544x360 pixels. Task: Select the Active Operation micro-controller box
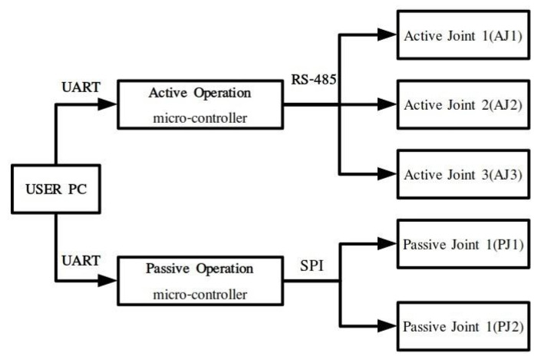pyautogui.click(x=197, y=105)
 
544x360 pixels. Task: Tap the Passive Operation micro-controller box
pyautogui.click(x=197, y=280)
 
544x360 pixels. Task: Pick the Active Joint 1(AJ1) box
pyautogui.click(x=463, y=35)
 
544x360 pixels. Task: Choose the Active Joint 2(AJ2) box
pyautogui.click(x=463, y=104)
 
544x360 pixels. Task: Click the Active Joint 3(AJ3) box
pyautogui.click(x=463, y=174)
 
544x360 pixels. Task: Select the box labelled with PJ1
pyautogui.click(x=463, y=245)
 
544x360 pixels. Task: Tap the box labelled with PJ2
pyautogui.click(x=463, y=327)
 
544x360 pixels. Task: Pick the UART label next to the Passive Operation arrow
pyautogui.click(x=80, y=260)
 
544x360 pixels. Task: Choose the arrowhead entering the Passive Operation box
pyautogui.click(x=108, y=280)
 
